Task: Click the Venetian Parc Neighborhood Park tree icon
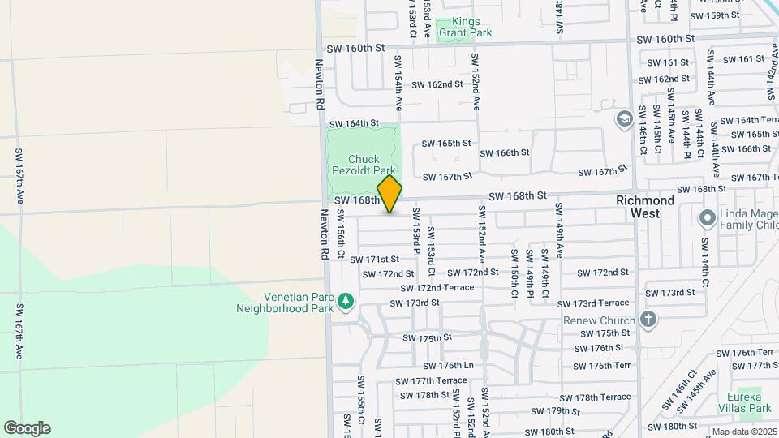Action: [346, 302]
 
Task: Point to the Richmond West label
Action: [645, 206]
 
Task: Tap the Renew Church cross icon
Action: [648, 319]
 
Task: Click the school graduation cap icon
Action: [624, 120]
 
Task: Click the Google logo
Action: [27, 428]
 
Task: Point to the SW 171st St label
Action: [375, 259]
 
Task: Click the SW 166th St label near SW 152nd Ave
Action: [505, 152]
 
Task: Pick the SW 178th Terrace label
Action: [602, 397]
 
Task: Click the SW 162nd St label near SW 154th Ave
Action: [437, 84]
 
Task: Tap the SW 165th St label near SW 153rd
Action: [446, 143]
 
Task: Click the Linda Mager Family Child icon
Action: [707, 217]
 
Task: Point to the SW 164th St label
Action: [355, 123]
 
